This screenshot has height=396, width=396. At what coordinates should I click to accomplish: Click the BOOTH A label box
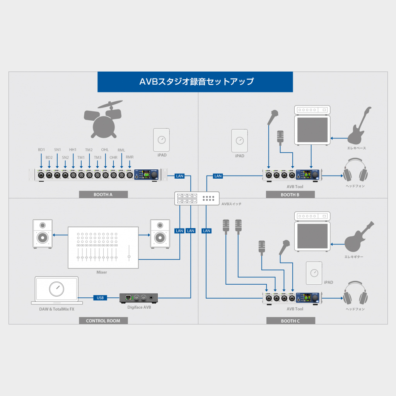point(103,195)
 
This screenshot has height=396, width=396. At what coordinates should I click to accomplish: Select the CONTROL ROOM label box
point(103,321)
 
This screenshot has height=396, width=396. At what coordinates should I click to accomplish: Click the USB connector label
point(100,298)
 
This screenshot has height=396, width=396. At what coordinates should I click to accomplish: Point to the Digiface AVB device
point(139,298)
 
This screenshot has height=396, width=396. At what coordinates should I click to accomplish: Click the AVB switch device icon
point(196,198)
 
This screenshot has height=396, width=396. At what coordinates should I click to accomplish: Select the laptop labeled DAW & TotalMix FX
point(56,290)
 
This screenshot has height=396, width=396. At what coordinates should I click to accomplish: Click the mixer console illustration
point(103,247)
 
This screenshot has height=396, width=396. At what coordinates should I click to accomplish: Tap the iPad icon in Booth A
point(162,140)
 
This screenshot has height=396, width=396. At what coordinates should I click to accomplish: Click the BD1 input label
point(41,150)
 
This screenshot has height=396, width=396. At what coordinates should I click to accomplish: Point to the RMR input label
point(130,157)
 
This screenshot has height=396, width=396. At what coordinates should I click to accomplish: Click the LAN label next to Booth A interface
point(179,176)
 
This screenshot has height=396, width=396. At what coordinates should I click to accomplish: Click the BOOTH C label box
point(290,321)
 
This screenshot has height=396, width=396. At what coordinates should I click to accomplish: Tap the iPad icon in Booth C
point(314,273)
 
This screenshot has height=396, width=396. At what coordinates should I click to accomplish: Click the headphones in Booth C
point(355,293)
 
